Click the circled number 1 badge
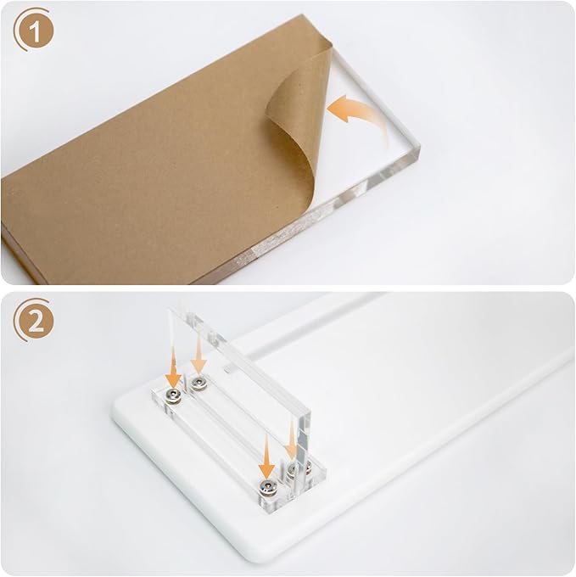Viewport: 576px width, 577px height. pos(34,31)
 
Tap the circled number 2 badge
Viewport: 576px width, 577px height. pos(34,321)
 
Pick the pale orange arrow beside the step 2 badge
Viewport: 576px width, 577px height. pos(199,357)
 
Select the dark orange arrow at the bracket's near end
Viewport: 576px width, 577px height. pos(266,467)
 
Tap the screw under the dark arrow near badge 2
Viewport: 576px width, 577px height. pos(172,395)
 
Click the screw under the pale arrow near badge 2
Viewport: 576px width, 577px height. pos(199,383)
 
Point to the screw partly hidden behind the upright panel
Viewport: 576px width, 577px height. pos(294,469)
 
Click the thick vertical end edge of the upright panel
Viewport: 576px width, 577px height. pos(303,441)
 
